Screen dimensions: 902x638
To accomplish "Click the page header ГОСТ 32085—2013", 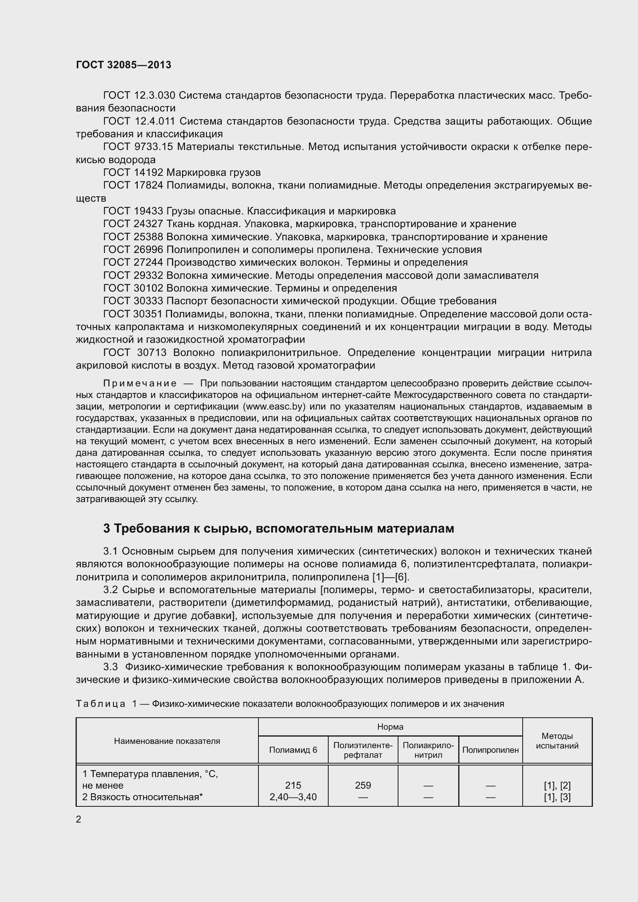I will pyautogui.click(x=123, y=65).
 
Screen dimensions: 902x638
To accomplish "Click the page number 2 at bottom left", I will pyautogui.click(x=79, y=819).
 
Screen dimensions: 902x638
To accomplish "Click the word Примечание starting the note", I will pyautogui.click(x=140, y=383).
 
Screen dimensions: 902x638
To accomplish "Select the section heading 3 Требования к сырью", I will pyautogui.click(x=278, y=528).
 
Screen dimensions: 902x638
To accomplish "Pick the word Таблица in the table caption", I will pyautogui.click(x=101, y=704).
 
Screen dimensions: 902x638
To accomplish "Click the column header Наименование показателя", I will pyautogui.click(x=167, y=741).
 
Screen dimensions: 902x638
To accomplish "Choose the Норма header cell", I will pyautogui.click(x=390, y=727).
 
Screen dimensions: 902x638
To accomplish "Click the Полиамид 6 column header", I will pyautogui.click(x=293, y=750).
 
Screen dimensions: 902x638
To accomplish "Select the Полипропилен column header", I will pyautogui.click(x=490, y=750).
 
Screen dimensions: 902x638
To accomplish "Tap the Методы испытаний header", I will pyautogui.click(x=557, y=741).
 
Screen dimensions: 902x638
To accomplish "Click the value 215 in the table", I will pyautogui.click(x=293, y=785).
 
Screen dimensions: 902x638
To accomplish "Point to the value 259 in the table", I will pyautogui.click(x=363, y=785).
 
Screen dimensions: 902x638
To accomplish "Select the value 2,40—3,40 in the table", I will pyautogui.click(x=293, y=797).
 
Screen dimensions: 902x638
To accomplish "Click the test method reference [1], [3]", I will pyautogui.click(x=557, y=797).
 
